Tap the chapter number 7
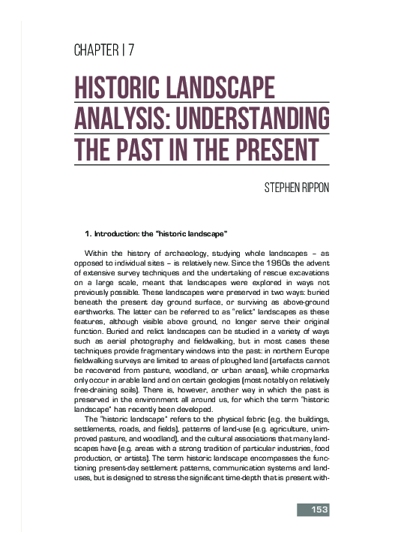click(x=131, y=51)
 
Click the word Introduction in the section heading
click(x=122, y=234)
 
